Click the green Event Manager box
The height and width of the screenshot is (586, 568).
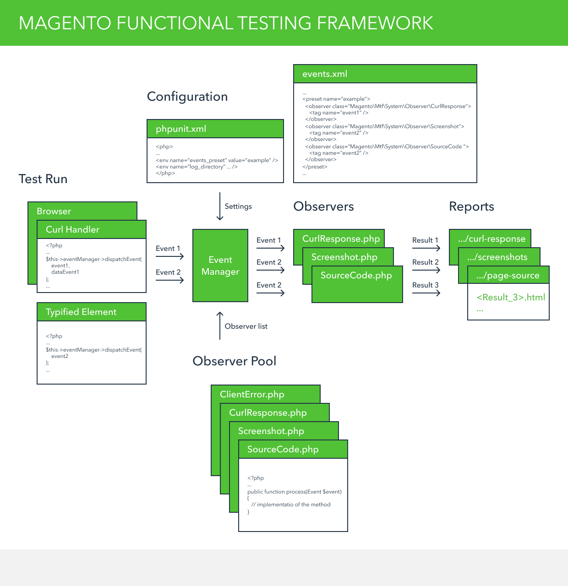pos(220,266)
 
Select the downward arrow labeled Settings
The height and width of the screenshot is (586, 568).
pos(220,206)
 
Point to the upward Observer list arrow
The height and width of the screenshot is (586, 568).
pos(220,326)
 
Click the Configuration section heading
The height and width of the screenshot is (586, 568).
pos(187,97)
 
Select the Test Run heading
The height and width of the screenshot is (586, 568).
pos(43,179)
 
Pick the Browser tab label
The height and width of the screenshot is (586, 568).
pos(54,211)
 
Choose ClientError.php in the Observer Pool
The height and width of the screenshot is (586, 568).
pos(252,394)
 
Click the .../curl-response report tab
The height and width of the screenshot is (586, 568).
pos(492,239)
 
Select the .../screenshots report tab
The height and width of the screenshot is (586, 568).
pos(497,257)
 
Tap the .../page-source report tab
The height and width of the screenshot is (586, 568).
pos(508,275)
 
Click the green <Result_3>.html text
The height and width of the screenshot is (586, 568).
pos(511,297)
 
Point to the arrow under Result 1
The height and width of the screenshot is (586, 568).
pos(426,248)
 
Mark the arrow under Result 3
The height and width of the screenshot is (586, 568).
pos(426,293)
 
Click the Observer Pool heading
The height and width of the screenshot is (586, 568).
pos(234,361)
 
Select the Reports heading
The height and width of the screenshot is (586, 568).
pos(471,206)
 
